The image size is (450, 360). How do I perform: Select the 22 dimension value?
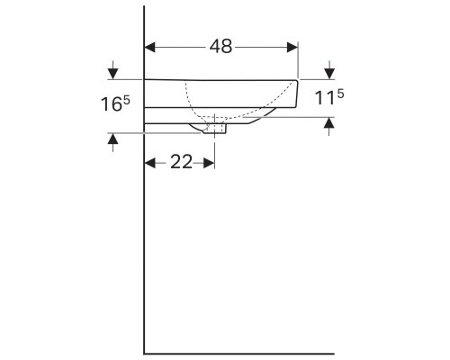(180, 161)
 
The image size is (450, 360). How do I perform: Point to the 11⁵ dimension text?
(328, 96)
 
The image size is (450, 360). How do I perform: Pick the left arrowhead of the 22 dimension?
(150, 162)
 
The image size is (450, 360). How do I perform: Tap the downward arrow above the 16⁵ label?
(112, 71)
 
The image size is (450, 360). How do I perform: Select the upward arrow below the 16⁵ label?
(112, 140)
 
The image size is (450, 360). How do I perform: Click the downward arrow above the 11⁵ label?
(328, 71)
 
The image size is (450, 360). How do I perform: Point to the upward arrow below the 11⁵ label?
(328, 125)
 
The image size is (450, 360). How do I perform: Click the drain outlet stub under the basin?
(219, 129)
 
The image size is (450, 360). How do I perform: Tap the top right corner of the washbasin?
(298, 78)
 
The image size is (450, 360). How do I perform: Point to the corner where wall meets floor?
(145, 352)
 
